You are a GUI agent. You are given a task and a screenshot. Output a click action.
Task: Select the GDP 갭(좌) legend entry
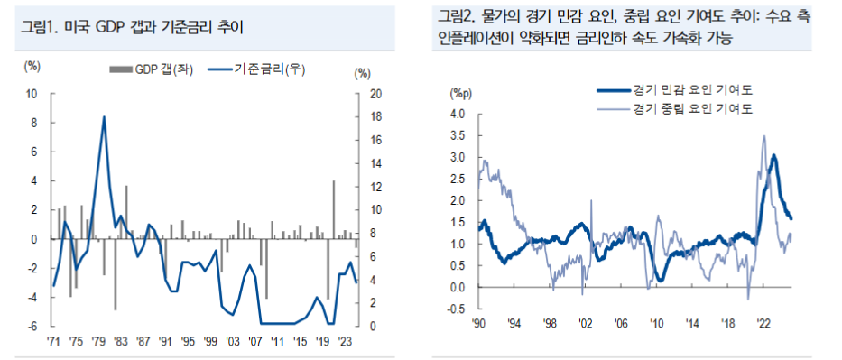[x=149, y=69]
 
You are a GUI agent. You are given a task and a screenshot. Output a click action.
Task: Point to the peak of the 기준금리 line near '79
[x=104, y=117]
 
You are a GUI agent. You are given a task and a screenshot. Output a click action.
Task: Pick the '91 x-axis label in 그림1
[x=165, y=341]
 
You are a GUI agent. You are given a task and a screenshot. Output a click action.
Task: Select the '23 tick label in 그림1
[x=344, y=341]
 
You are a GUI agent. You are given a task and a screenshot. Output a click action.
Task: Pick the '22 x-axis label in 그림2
[x=763, y=324]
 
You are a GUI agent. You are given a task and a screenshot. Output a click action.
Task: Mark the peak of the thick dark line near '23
[x=773, y=156]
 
